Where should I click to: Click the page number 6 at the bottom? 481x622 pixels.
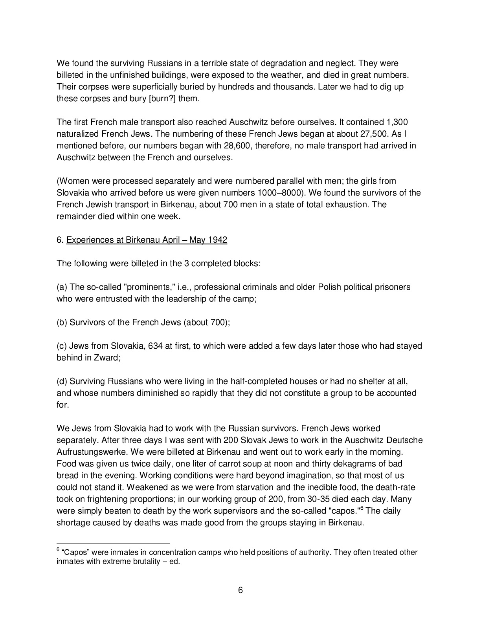tap(240, 590)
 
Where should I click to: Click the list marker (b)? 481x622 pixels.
tap(62, 322)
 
